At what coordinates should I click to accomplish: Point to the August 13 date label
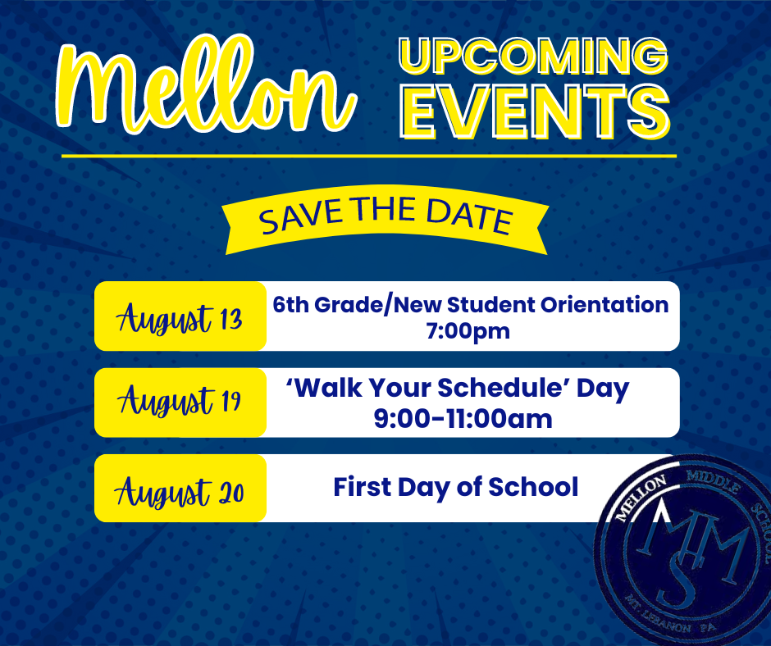coord(180,317)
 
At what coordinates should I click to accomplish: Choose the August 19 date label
coord(180,403)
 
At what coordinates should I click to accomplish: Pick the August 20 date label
coord(180,489)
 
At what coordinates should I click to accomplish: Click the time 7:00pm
coord(471,331)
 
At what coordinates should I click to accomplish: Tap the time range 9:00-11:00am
coord(463,419)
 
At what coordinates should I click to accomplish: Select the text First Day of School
coord(455,487)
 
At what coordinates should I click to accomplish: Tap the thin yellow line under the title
coord(369,155)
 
